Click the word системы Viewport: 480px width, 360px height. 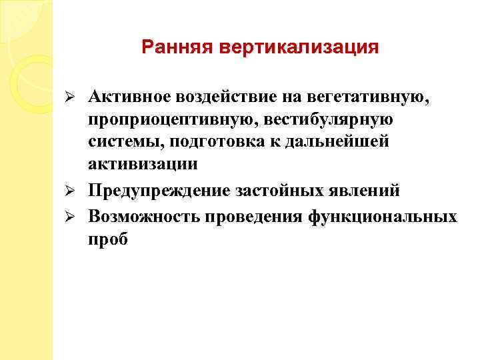124,144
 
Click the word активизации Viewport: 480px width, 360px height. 142,167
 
